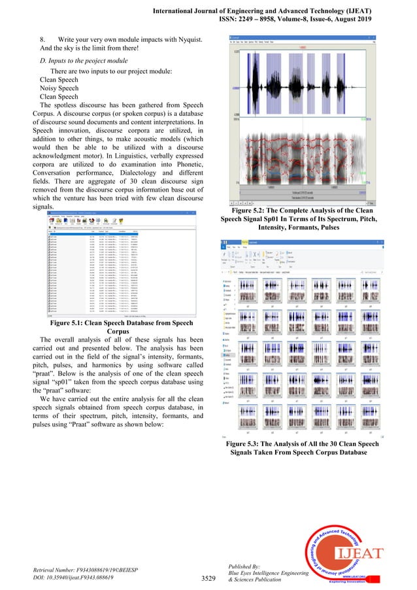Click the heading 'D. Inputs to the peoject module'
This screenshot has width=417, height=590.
tap(84, 60)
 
